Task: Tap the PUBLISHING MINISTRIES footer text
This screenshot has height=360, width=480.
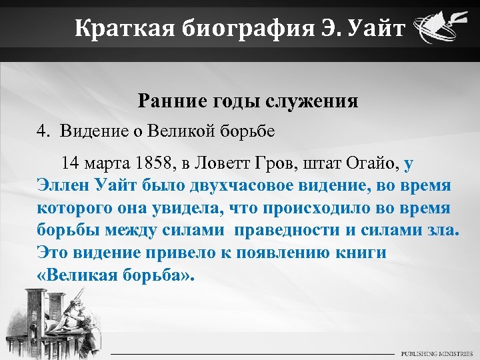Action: click(437, 353)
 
